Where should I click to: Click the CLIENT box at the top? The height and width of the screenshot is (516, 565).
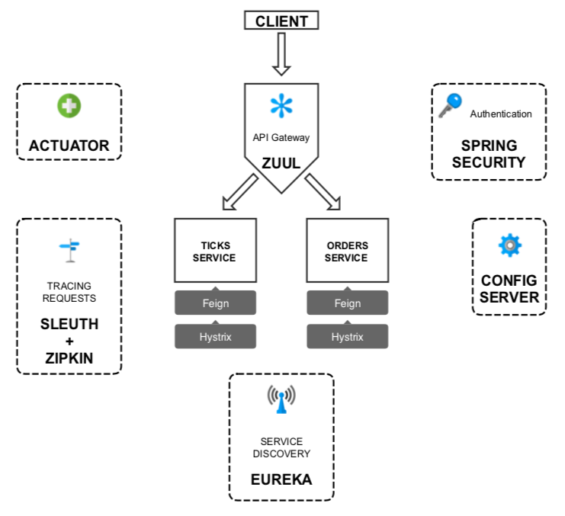click(281, 20)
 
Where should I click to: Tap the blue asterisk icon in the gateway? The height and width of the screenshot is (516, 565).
click(281, 107)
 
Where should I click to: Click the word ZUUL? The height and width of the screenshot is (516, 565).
click(281, 162)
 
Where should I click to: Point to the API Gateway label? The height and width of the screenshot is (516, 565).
click(281, 139)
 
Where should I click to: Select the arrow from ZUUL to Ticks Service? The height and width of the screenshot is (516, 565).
click(239, 191)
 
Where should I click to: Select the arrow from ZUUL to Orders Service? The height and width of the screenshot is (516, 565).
click(323, 191)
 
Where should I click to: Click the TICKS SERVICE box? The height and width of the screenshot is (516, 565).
click(215, 252)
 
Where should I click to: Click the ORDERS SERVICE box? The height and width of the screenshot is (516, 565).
click(347, 252)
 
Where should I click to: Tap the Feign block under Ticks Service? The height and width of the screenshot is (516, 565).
click(215, 303)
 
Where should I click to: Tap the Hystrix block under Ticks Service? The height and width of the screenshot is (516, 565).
click(215, 336)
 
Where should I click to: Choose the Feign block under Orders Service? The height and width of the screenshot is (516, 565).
click(347, 303)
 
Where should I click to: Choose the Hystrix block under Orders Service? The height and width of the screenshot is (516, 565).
click(347, 336)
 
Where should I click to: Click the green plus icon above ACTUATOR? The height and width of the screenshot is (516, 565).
click(69, 107)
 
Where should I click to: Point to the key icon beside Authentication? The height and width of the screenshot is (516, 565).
click(450, 105)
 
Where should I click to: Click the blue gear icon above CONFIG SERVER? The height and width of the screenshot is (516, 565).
click(509, 245)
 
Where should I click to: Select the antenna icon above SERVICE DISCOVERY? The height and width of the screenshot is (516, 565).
click(281, 400)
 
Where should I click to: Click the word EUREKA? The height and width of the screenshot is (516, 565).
click(281, 480)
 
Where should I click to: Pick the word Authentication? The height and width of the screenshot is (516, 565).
click(501, 114)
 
